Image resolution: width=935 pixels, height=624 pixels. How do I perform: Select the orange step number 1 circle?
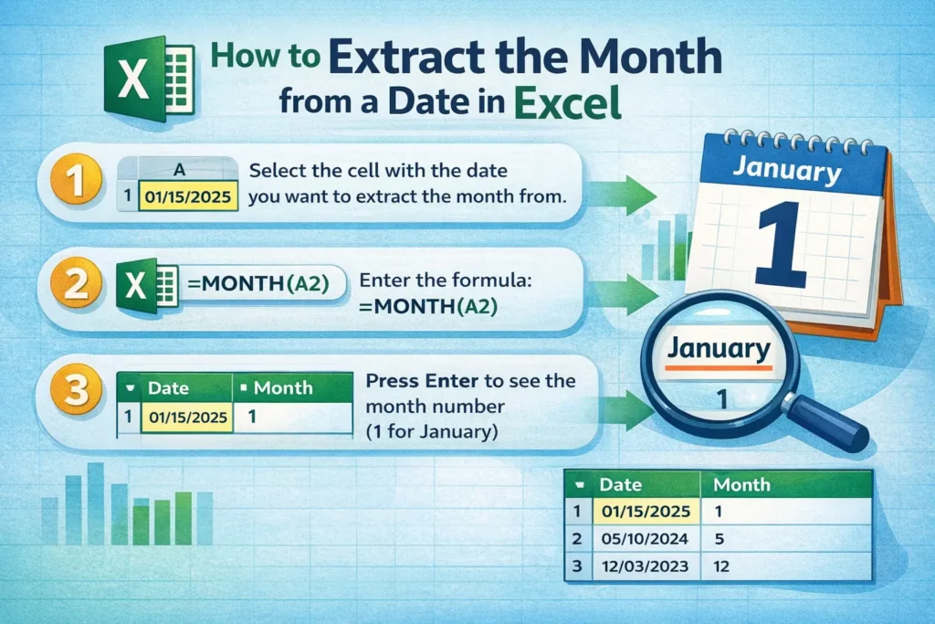(78, 181)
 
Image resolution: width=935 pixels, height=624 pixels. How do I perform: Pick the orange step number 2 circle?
(78, 283)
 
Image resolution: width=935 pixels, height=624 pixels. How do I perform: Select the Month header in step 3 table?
(284, 388)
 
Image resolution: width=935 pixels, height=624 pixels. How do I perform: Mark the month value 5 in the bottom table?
(719, 538)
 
